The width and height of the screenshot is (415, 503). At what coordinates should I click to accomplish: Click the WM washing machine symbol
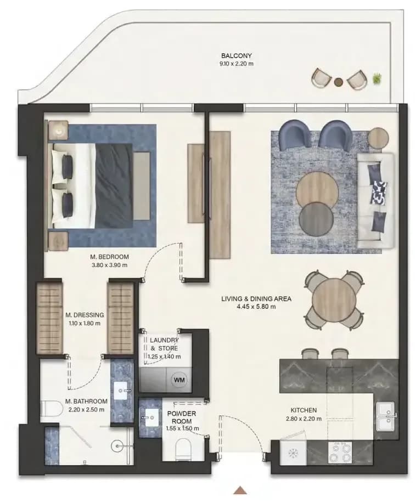[x=179, y=380]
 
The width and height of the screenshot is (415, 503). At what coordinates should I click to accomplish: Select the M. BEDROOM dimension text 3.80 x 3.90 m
[x=109, y=265]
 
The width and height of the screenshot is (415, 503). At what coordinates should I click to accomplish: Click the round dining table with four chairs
[x=334, y=300]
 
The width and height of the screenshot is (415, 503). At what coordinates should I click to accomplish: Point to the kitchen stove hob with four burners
[x=340, y=453]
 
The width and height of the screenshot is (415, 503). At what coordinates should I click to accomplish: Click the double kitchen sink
[x=386, y=416]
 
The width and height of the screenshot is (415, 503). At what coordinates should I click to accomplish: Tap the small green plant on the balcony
[x=377, y=78]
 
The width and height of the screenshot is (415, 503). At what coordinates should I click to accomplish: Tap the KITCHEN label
[x=304, y=410]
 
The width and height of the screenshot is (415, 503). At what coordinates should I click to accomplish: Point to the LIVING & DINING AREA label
[x=256, y=298]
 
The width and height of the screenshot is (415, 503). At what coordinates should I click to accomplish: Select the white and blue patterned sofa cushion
[x=379, y=193]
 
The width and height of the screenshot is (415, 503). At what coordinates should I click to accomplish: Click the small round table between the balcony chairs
[x=338, y=82]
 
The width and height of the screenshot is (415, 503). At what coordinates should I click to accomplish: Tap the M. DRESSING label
[x=85, y=315]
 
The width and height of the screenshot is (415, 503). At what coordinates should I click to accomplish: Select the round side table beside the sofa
[x=378, y=138]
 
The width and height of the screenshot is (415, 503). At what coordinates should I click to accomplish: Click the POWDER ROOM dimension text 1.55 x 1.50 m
[x=182, y=428]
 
